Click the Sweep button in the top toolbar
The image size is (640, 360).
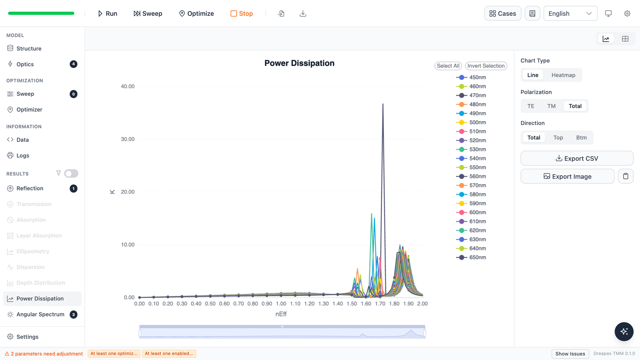(x=148, y=13)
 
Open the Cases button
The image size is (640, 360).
(x=502, y=13)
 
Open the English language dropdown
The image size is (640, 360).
(x=570, y=13)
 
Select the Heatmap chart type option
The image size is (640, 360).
(x=563, y=75)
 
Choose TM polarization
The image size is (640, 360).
(x=551, y=106)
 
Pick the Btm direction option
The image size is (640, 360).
(x=581, y=137)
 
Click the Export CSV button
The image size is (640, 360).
(x=577, y=158)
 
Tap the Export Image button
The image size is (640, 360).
(x=567, y=176)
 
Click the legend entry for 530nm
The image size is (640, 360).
(x=471, y=150)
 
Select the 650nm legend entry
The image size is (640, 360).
(x=471, y=257)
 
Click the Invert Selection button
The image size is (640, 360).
(x=486, y=66)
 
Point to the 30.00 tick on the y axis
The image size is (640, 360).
(x=127, y=139)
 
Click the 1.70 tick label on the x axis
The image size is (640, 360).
(x=380, y=303)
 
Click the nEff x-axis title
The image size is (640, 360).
(x=281, y=314)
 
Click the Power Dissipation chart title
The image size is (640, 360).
(x=299, y=63)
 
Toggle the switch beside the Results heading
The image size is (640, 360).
(x=71, y=173)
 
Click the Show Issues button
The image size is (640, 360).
(x=570, y=354)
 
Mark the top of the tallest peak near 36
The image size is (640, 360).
(x=383, y=104)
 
